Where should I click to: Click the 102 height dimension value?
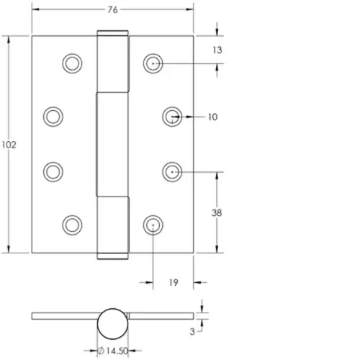[x=9, y=144]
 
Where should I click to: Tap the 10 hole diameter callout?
[x=212, y=117]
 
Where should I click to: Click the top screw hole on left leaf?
[x=72, y=63]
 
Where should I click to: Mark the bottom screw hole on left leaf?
[x=72, y=225]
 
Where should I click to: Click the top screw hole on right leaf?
[x=153, y=63]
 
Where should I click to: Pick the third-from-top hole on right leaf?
[x=171, y=171]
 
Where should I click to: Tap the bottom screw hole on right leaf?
[x=153, y=225]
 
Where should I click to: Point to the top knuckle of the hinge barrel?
[x=112, y=61]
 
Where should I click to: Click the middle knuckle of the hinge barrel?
[x=112, y=144]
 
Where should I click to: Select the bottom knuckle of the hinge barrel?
[x=112, y=228]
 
